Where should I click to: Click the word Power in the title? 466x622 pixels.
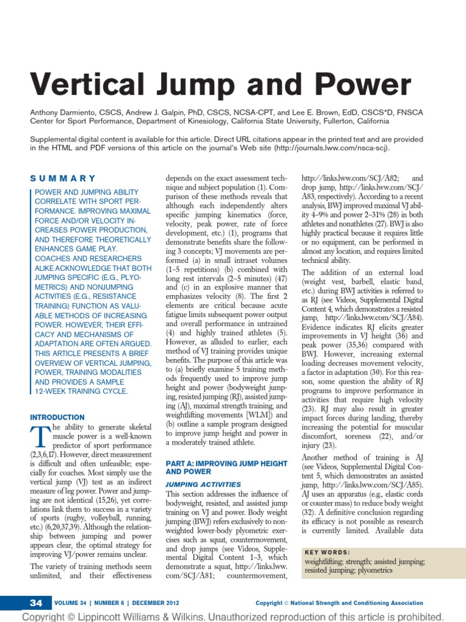[x=359, y=84]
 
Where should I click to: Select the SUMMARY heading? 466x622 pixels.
[x=63, y=178]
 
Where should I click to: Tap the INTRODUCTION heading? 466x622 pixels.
[x=58, y=417]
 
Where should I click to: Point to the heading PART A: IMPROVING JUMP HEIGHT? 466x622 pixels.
[x=226, y=463]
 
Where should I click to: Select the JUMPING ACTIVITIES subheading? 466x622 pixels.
[x=203, y=484]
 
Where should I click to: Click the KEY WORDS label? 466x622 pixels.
[x=328, y=552]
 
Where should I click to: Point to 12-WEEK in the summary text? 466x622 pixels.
[x=50, y=391]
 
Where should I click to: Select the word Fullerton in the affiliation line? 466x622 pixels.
[x=340, y=121]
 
